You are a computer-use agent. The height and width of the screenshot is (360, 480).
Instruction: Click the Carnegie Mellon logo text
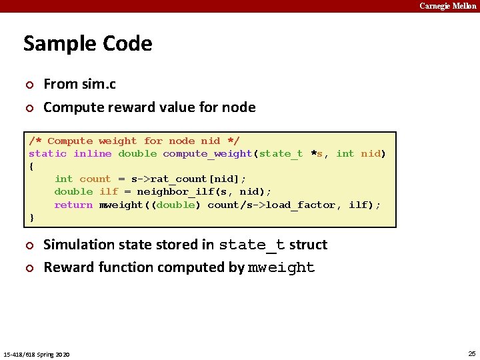coord(447,6)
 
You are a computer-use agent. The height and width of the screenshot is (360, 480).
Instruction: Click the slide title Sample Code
coord(88,43)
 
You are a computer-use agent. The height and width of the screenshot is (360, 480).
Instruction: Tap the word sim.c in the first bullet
coord(98,84)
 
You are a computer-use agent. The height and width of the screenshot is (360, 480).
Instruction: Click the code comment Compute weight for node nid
coord(134,141)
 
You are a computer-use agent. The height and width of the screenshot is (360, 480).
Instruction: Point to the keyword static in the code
coord(47,153)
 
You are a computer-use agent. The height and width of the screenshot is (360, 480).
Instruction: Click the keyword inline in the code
coord(92,153)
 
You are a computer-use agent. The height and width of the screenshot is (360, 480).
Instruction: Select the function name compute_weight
coord(207,153)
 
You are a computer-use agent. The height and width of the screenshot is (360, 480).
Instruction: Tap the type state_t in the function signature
coord(281,153)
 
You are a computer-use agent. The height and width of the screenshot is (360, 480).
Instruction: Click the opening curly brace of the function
coord(31,166)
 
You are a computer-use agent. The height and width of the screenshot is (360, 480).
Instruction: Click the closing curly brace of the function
coord(31,217)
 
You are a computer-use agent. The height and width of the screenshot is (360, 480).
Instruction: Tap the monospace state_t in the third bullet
coord(251,245)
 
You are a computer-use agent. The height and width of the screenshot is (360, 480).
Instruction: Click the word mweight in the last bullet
coord(281,268)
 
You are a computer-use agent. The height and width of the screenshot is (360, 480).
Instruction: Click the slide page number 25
coord(472,353)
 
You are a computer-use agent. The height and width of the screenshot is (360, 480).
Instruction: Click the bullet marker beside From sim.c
coord(29,85)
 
